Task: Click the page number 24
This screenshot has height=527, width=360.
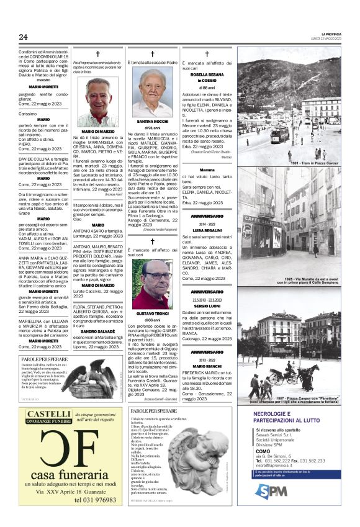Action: coord(23,37)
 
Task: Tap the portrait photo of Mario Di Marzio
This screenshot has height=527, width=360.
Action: coord(97,102)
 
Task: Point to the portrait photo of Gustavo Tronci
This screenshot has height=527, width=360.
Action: coord(153,284)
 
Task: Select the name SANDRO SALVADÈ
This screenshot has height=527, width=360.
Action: coord(97,332)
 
